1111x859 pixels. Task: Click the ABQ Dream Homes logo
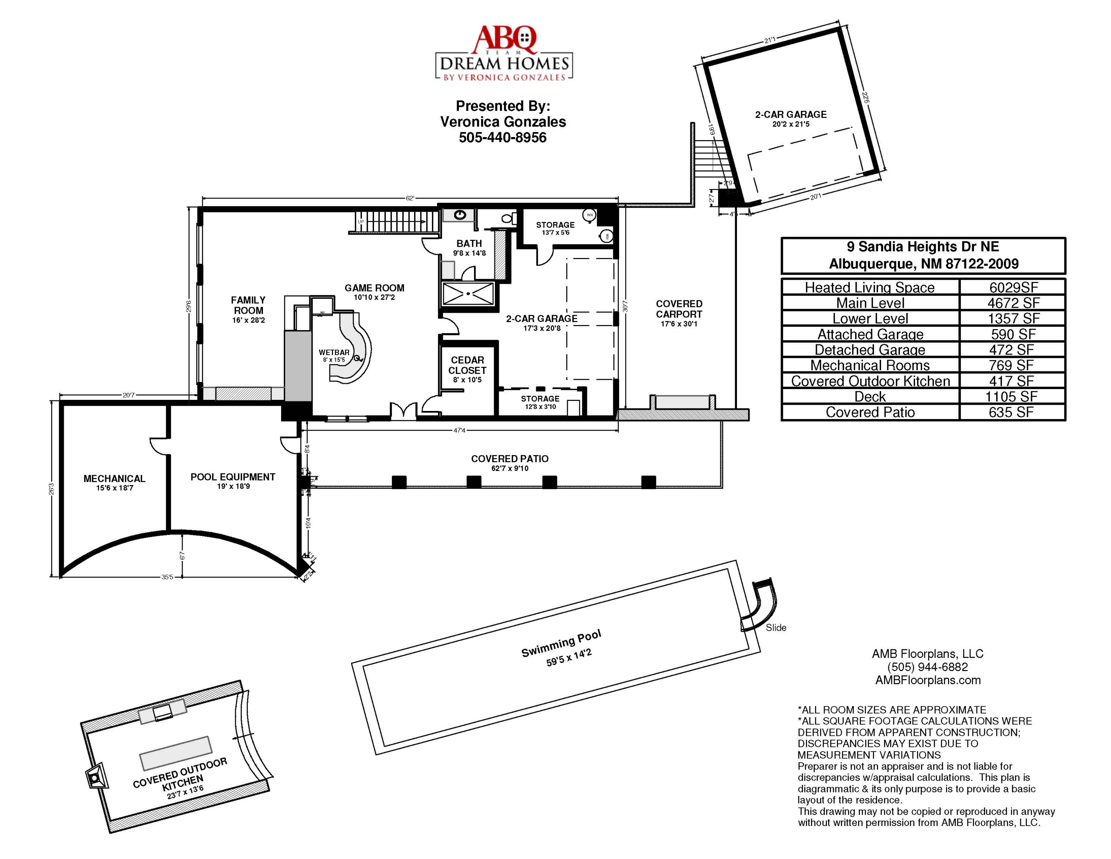504,53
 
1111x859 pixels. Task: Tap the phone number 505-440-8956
503,138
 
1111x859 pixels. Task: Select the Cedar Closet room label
467,365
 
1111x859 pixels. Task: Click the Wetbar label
334,353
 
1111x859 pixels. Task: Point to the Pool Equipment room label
233,477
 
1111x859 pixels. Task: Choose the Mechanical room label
114,479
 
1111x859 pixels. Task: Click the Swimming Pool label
561,643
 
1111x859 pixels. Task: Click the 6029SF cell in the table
1013,288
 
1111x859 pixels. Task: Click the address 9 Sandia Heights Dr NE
923,247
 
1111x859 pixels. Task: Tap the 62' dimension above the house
410,199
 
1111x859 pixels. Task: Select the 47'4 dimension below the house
459,431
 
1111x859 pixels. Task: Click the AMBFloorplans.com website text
928,680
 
